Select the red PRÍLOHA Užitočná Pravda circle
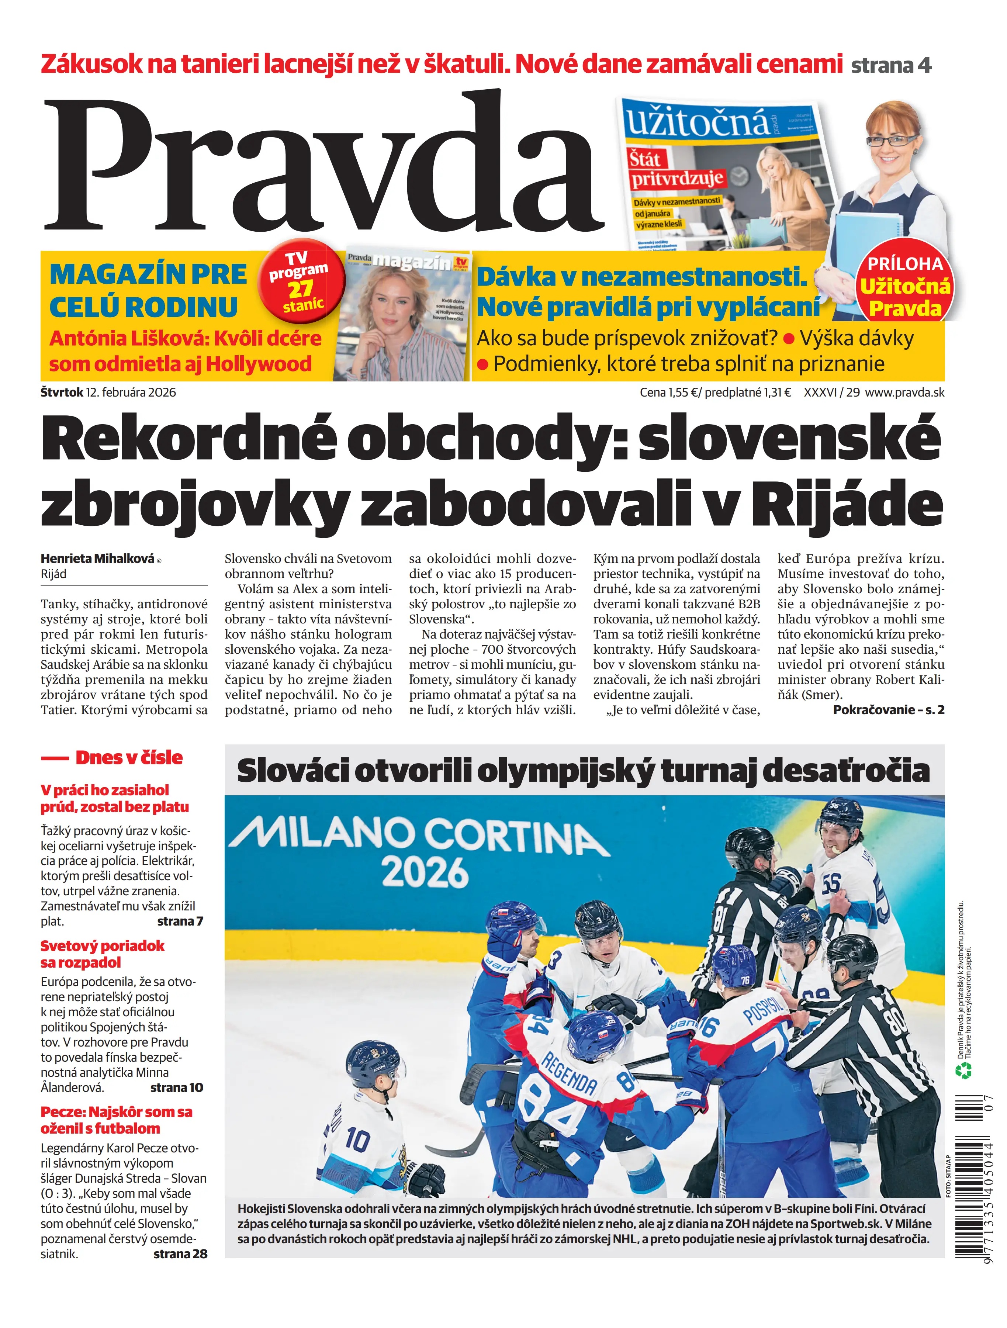[905, 287]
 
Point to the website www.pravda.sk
[904, 392]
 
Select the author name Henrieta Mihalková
[97, 558]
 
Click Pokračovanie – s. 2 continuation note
[888, 710]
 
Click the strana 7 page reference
[180, 921]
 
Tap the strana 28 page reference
[180, 1253]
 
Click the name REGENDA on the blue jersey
[569, 1074]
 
